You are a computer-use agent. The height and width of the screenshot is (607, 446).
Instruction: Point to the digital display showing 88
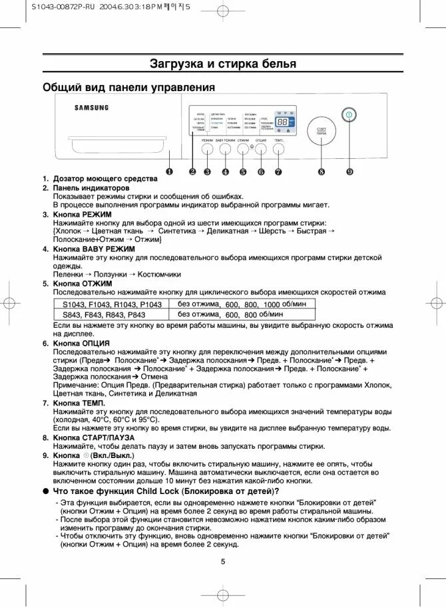(x=282, y=123)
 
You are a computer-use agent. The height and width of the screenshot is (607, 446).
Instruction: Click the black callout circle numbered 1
(x=170, y=172)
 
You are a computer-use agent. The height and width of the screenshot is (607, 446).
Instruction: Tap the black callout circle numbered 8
(x=322, y=172)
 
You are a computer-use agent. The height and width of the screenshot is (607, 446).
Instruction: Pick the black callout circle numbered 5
(x=243, y=172)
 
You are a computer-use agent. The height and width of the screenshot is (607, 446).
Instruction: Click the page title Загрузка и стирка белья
(x=222, y=64)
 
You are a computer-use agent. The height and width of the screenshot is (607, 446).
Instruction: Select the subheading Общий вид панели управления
(x=128, y=87)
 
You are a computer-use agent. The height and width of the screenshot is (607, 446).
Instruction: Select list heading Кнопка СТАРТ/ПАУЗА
(x=94, y=437)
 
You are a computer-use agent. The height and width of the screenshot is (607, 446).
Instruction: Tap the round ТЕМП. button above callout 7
(x=278, y=150)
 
